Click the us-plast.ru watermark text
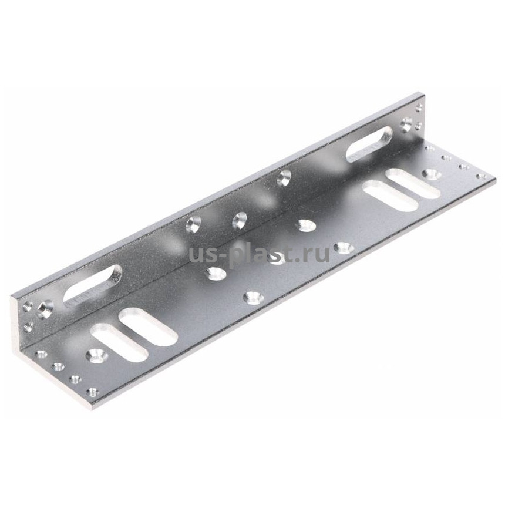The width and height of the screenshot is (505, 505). [259, 255]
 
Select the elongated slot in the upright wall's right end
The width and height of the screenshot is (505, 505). [369, 144]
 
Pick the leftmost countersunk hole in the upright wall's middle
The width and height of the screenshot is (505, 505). [193, 224]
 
